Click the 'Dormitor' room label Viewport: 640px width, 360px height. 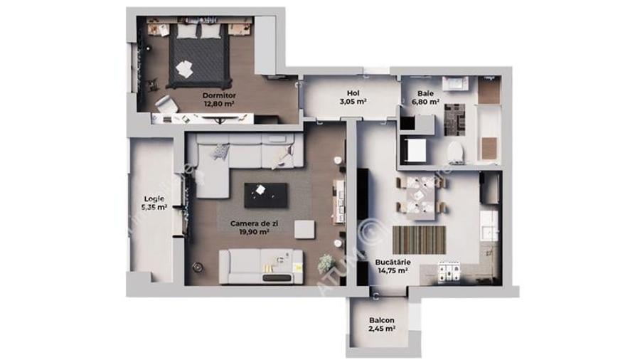(218, 95)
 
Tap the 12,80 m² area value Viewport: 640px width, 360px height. (218, 103)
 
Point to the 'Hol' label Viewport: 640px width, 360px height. (353, 93)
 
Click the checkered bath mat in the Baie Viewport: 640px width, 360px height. (454, 120)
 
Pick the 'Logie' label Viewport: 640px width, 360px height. (155, 199)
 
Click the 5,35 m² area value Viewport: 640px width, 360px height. (155, 208)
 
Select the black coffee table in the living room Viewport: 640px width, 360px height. (266, 194)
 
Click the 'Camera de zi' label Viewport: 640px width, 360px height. (250, 223)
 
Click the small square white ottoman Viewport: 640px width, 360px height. (304, 229)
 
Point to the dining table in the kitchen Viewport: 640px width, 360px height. (420, 194)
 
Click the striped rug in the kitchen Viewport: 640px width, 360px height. (419, 240)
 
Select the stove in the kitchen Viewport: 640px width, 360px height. (449, 270)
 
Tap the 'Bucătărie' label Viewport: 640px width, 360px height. (390, 262)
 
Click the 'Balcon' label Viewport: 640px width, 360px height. (382, 320)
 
